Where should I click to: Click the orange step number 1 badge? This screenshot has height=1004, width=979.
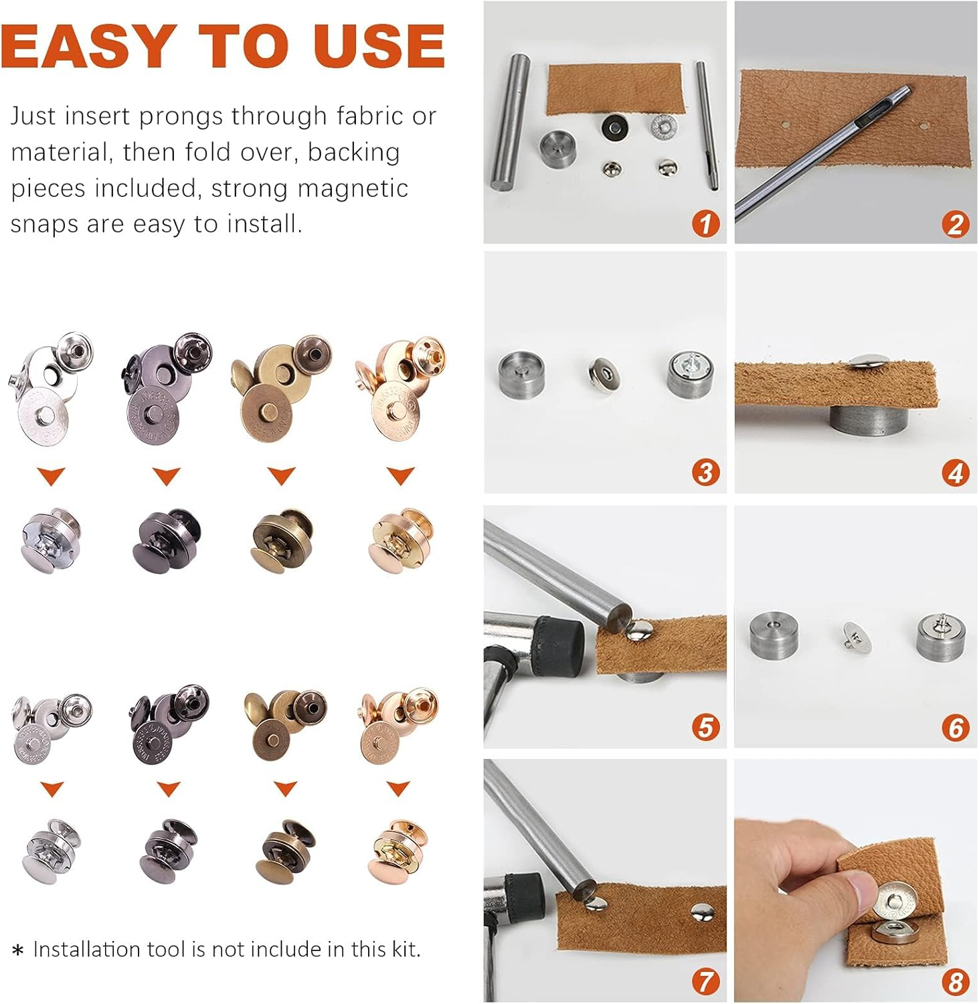coord(705,222)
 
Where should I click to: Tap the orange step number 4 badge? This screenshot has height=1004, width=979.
coord(955,473)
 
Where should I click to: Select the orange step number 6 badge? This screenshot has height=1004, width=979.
coord(955,727)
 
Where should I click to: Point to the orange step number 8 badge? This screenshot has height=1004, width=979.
coord(955,981)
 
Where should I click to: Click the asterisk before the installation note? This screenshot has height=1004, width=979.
coord(18,950)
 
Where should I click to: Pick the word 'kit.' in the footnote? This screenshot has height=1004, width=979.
coord(404,948)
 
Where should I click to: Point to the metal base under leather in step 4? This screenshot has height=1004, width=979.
coord(868,424)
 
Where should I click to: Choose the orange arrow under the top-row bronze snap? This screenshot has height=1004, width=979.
coord(281,476)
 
